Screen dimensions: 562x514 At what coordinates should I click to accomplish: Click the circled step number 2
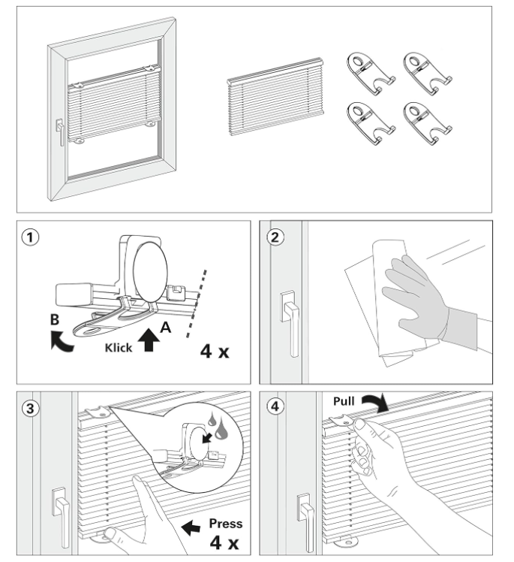(x=274, y=237)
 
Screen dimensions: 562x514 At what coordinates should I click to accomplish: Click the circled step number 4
(x=274, y=408)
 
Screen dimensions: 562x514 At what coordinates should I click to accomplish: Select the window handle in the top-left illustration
(x=58, y=134)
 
